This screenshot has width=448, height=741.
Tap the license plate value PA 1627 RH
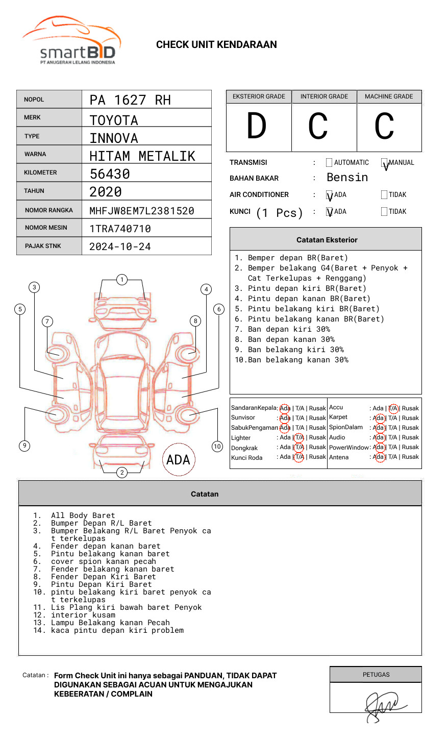(x=130, y=100)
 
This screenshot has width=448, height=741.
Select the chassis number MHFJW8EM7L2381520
(x=142, y=211)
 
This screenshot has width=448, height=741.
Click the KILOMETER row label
(x=40, y=172)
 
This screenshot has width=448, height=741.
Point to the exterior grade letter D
(x=257, y=126)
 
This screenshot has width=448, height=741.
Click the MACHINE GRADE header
(x=389, y=96)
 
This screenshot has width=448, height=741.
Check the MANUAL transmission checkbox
(x=385, y=163)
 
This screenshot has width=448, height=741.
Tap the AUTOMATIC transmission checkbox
(x=329, y=163)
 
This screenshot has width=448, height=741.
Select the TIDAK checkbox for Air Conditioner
(x=384, y=195)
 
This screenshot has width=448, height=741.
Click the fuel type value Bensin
(x=347, y=178)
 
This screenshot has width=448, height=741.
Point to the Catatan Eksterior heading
(x=327, y=240)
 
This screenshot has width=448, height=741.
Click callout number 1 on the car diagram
(x=121, y=280)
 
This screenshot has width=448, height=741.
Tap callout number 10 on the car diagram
(x=217, y=447)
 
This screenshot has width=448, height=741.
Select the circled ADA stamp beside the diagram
(x=178, y=460)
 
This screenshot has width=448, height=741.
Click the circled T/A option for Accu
(x=393, y=408)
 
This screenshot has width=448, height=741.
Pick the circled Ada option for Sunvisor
(x=285, y=418)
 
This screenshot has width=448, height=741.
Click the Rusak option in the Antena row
(x=410, y=457)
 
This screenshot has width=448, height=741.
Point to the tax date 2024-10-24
(x=120, y=247)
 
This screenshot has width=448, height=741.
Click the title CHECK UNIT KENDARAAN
(x=216, y=45)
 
